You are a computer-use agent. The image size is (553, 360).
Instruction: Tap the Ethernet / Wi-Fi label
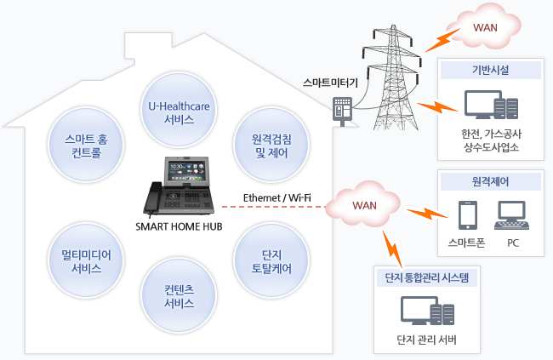point(276,198)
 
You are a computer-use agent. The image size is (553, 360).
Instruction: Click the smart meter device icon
point(342,111)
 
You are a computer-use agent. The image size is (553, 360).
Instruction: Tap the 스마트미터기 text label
point(330,83)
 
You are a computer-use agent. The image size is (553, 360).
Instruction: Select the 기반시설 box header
point(490,71)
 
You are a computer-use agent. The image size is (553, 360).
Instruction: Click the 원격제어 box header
point(490,180)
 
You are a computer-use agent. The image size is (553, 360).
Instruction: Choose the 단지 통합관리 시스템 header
point(428,277)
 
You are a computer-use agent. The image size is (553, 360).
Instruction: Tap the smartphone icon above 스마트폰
point(465,216)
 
